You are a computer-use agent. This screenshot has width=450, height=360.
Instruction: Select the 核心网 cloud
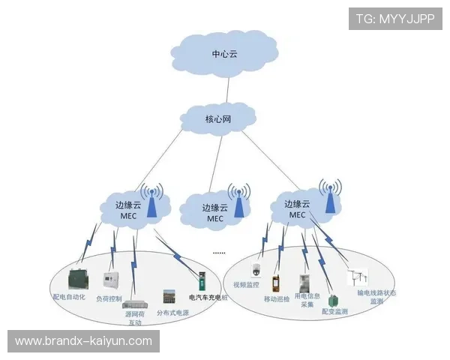click(218, 118)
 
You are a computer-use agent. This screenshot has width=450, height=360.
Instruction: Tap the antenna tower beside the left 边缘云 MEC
click(151, 199)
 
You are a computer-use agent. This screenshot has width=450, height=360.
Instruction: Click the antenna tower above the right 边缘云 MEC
click(328, 195)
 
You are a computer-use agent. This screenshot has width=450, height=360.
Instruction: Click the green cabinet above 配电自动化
click(77, 278)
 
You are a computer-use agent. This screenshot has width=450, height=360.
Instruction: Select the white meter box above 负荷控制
click(112, 280)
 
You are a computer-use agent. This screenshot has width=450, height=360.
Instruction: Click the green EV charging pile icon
click(201, 283)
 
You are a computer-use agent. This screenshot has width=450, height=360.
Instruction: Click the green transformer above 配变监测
click(333, 300)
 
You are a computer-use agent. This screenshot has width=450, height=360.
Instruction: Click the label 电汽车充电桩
click(208, 298)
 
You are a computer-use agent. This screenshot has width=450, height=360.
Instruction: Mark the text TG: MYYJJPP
click(395, 19)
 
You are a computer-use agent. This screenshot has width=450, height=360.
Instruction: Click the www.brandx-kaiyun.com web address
click(83, 341)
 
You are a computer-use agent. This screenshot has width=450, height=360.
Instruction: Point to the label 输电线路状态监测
click(376, 297)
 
